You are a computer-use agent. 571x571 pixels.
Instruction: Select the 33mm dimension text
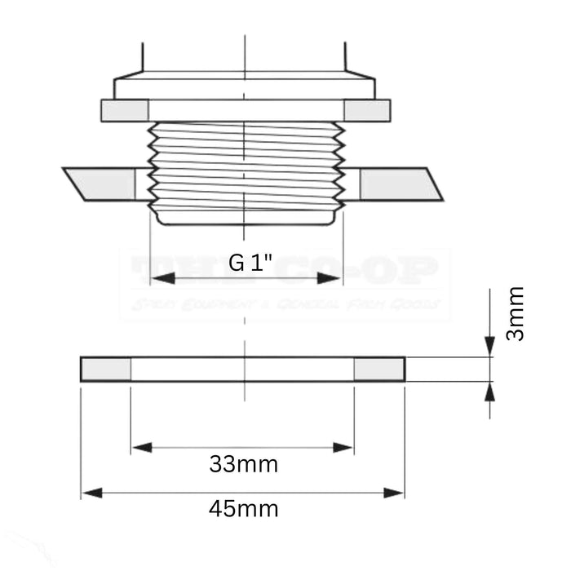(x=243, y=465)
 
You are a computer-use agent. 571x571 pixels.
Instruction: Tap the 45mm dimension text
(x=243, y=509)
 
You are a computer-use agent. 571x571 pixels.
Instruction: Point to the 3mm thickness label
(x=515, y=313)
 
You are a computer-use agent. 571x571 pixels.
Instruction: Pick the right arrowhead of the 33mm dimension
(x=343, y=447)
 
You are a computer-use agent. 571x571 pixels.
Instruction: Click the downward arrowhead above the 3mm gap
(x=489, y=347)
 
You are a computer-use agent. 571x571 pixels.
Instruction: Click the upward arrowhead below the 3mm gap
(x=489, y=392)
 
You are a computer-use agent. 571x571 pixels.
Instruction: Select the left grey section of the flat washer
(x=106, y=370)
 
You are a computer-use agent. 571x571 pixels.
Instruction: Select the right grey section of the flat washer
(x=379, y=370)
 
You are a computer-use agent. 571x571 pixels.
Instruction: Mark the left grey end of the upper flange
(x=125, y=110)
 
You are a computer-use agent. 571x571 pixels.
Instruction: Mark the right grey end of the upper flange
(x=367, y=110)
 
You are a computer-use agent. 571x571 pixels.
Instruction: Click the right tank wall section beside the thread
(x=396, y=184)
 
